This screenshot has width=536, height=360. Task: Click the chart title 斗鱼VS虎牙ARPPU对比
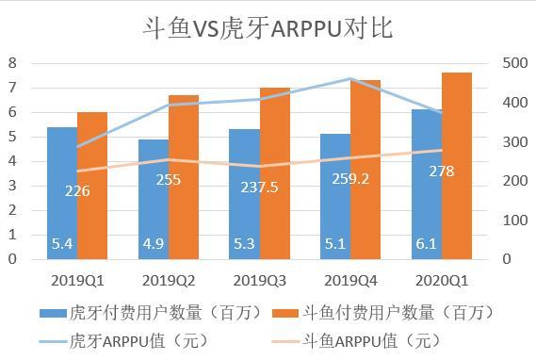pos(267,27)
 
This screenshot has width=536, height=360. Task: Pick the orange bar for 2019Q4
pos(365,170)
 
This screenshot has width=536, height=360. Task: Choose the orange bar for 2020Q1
pos(456,166)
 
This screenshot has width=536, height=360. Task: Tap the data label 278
pos(441,172)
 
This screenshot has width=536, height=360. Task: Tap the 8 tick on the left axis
pos(12,63)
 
